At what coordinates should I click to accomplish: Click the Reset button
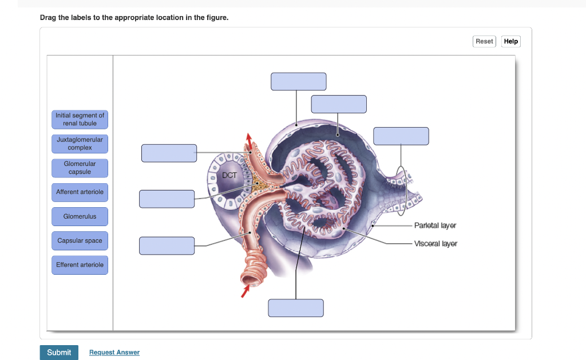[484, 41]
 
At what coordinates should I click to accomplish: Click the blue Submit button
[59, 352]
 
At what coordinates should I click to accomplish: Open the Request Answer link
[114, 353]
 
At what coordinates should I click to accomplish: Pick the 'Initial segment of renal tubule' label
[80, 119]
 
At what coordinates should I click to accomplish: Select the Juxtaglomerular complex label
[80, 144]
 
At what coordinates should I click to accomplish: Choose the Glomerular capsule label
[80, 168]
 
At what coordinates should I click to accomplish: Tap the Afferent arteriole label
[80, 192]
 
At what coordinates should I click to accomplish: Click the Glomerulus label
[80, 217]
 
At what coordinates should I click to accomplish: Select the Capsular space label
[80, 241]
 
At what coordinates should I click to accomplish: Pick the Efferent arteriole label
[80, 265]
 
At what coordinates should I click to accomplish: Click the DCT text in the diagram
[229, 175]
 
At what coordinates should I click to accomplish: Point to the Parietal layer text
[435, 226]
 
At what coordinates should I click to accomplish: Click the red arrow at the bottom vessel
[246, 292]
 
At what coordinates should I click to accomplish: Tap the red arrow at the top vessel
[248, 140]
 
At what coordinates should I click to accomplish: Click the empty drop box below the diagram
[296, 308]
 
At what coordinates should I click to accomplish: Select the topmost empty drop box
[299, 81]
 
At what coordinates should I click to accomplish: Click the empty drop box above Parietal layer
[401, 136]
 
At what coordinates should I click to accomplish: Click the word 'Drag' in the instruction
[48, 18]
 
